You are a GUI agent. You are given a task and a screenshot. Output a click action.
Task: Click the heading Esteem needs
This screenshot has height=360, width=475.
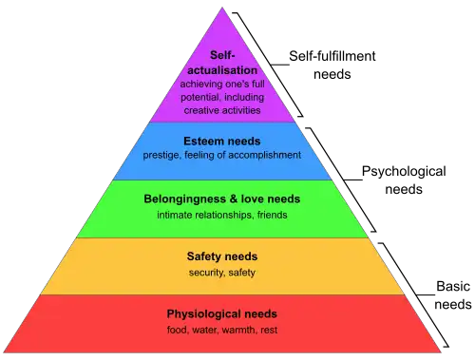tap(222, 142)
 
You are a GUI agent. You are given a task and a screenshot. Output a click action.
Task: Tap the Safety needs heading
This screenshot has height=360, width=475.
tap(222, 256)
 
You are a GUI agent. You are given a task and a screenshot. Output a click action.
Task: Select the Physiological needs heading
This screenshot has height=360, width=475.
tap(222, 314)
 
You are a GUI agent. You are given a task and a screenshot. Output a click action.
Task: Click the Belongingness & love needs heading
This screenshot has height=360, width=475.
tap(222, 199)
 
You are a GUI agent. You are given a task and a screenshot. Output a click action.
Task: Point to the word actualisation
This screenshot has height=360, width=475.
tap(222, 70)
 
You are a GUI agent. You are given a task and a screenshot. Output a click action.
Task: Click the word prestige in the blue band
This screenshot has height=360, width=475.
tap(161, 156)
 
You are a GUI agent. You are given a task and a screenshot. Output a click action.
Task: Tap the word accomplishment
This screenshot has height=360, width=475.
tap(264, 155)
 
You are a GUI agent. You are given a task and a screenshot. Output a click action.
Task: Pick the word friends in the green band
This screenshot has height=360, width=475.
tap(272, 215)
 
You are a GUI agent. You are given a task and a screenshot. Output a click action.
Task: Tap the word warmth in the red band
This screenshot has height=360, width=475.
tap(239, 330)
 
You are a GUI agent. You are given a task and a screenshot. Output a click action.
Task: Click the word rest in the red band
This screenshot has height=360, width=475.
tap(269, 331)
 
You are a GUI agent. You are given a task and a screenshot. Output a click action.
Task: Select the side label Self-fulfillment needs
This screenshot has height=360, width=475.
tap(332, 66)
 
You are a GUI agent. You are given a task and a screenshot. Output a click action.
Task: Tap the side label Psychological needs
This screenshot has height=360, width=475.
tap(404, 180)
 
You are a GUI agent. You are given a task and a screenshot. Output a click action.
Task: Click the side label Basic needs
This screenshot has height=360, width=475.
tap(453, 295)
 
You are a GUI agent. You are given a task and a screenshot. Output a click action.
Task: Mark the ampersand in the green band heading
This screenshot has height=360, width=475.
tap(234, 199)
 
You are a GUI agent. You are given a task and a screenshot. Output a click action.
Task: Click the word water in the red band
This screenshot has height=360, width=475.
tap(205, 331)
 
